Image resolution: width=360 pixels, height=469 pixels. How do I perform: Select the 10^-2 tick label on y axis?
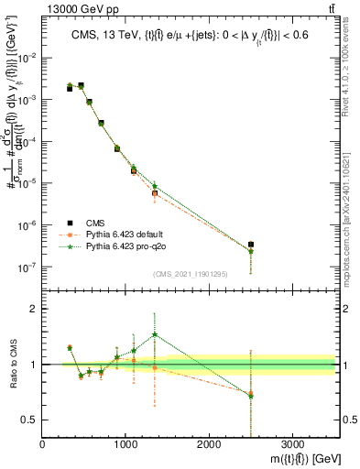click(28, 57)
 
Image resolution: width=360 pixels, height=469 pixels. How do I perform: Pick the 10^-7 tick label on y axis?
click(28, 267)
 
